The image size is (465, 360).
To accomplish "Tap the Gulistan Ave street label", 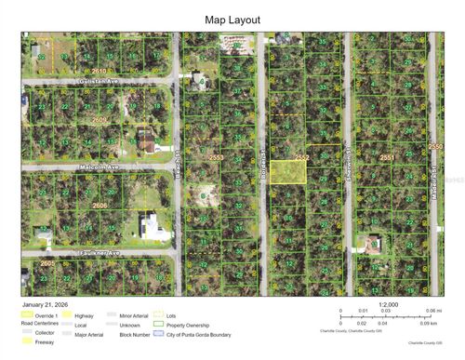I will click(100, 82).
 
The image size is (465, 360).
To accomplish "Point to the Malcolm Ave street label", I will click(100, 167).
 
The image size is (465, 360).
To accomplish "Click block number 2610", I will click(100, 71).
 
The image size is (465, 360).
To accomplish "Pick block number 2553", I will click(217, 159).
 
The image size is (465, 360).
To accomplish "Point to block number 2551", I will click(387, 159).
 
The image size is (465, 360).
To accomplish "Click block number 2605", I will click(48, 263).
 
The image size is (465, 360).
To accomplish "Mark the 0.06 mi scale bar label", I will click(432, 311).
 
